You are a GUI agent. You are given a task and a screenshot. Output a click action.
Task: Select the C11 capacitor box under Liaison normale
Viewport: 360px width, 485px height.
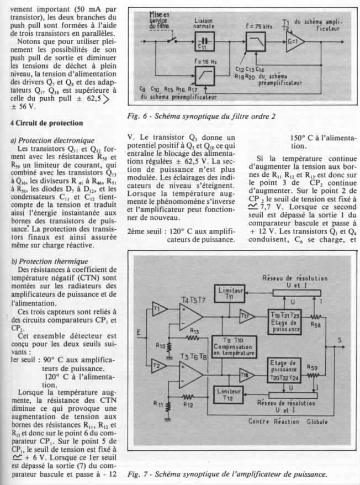pyautogui.click(x=204, y=41)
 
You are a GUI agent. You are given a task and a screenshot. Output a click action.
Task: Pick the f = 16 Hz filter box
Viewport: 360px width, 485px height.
pyautogui.click(x=204, y=72)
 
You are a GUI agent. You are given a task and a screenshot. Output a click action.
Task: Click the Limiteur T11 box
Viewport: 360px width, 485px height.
pyautogui.click(x=226, y=293)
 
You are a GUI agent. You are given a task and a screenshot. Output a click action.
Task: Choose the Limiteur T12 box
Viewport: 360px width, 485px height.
pyautogui.click(x=226, y=393)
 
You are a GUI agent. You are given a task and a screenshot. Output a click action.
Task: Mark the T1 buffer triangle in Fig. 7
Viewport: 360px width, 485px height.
pyautogui.click(x=158, y=307)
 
